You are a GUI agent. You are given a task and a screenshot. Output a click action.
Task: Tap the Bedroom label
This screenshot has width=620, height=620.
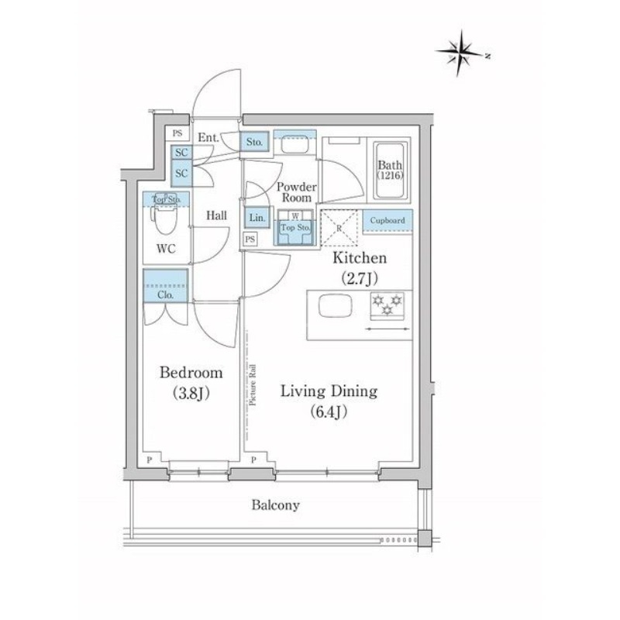coord(191,373)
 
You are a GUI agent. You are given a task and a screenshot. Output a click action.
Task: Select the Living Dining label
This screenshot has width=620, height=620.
coord(329,391)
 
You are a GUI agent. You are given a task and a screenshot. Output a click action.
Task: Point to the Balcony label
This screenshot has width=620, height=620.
coord(275,505)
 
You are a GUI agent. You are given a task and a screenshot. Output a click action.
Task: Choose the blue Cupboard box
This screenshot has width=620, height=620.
coord(387,221)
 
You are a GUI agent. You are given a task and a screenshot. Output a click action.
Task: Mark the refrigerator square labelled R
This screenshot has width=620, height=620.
coord(338,226)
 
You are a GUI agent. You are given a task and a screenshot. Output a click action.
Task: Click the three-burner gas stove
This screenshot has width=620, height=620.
coord(386,305)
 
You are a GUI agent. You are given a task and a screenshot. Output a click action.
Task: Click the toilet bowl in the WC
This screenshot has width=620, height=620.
coord(164,222)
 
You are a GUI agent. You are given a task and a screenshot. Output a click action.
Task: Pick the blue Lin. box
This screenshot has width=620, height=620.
coord(257,219)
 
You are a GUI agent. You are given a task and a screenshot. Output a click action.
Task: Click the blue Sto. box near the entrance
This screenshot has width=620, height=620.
coord(255,143)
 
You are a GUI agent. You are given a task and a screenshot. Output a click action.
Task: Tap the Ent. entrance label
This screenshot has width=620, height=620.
coord(208,138)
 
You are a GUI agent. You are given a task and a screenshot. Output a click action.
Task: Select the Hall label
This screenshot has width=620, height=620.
coord(216,215)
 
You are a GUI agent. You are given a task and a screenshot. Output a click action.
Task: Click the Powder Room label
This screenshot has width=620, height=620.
coord(296,192)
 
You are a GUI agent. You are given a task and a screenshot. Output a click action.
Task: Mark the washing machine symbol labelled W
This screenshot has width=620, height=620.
coord(295,216)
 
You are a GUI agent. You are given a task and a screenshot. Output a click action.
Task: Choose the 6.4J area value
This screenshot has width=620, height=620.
coord(329,412)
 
